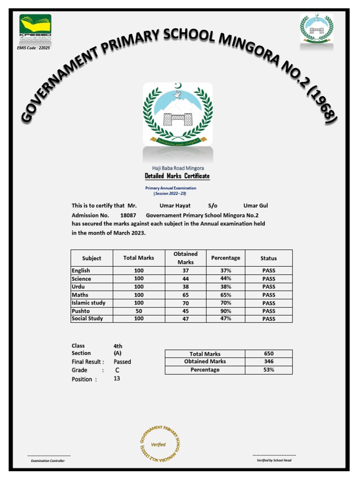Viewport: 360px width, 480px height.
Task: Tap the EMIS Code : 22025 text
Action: point(33,48)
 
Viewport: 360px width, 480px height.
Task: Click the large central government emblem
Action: point(178,114)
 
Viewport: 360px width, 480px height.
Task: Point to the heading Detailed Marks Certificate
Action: point(177,176)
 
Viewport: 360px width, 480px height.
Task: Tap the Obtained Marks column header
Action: point(186,258)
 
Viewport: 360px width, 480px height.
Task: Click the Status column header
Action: point(269,258)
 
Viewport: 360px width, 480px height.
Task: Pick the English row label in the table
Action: point(81,270)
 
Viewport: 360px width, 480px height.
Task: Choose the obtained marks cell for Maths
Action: point(186,295)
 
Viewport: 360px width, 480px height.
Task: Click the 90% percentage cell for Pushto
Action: point(225,311)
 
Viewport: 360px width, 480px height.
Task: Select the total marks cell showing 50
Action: point(139,311)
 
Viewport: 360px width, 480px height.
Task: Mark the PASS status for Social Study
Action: point(269,319)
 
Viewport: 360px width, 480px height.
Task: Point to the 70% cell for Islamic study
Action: point(225,303)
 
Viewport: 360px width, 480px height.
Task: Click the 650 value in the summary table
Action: point(269,353)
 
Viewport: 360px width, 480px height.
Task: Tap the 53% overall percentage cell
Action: point(269,370)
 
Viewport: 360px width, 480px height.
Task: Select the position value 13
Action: point(117,378)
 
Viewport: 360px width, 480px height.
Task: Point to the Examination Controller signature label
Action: point(48,461)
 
